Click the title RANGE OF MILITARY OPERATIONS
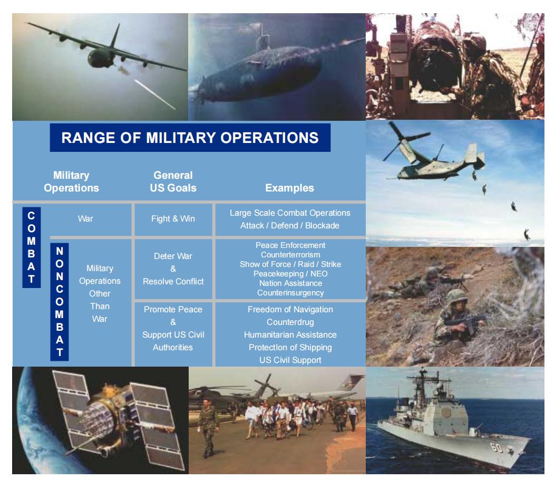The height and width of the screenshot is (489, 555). tap(190, 138)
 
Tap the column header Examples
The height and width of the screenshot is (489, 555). tap(289, 188)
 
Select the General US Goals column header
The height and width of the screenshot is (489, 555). tap(173, 181)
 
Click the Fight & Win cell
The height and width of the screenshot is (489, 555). tap(173, 218)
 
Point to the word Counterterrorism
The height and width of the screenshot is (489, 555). tap(290, 254)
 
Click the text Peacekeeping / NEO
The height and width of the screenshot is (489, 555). tap(290, 273)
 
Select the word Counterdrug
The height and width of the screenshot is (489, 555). tap(290, 321)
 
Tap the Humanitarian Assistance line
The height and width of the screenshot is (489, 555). tap(290, 334)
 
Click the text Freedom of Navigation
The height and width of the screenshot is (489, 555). tap(290, 309)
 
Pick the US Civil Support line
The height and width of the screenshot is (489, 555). tap(290, 360)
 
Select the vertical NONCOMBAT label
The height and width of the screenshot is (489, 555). tap(59, 301)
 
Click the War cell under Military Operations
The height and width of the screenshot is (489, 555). tap(85, 218)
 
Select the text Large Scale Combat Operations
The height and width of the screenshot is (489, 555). tap(290, 213)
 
